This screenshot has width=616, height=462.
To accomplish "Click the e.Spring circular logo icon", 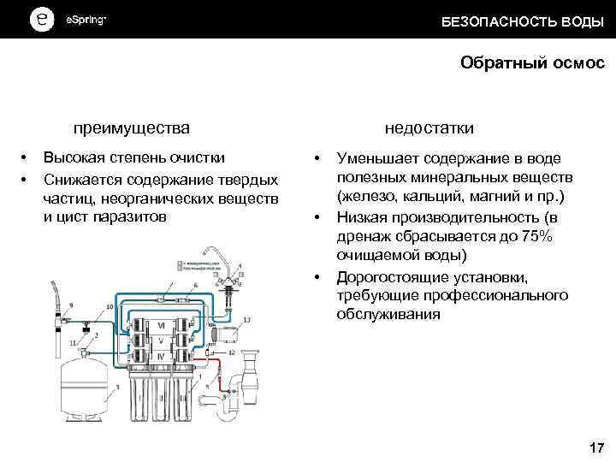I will tap(41, 20).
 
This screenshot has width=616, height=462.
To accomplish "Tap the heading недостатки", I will tap(429, 128).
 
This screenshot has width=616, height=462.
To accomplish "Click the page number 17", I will tap(596, 447).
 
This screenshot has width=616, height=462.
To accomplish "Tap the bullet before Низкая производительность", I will tap(317, 217).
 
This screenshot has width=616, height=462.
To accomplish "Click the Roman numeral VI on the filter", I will tap(160, 325).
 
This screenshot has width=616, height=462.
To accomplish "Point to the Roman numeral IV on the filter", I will tap(160, 355).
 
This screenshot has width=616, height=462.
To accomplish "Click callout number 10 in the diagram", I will tap(110, 306).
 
